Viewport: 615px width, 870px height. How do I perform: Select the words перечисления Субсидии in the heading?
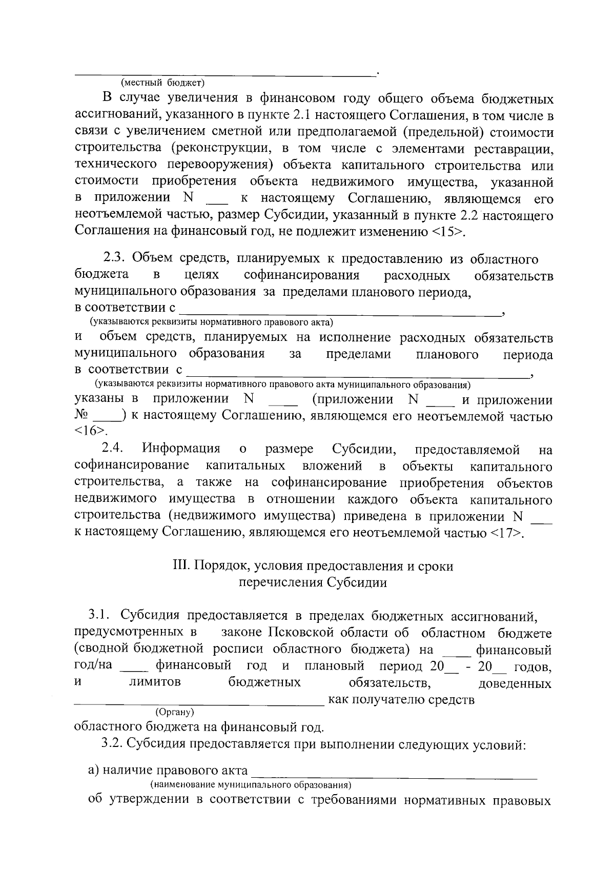313,582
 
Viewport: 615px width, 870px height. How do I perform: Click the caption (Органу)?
174,712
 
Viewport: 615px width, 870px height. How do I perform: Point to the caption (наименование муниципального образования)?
250,785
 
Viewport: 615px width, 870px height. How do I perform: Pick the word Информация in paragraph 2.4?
181,450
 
